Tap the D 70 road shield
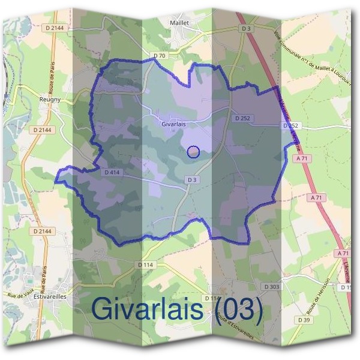tap(159, 56)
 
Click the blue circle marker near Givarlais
tap(193, 152)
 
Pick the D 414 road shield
tap(113, 172)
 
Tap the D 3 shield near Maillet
tap(245, 28)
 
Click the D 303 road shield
tap(272, 287)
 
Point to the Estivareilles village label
tap(46, 297)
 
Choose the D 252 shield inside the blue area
tap(242, 118)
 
